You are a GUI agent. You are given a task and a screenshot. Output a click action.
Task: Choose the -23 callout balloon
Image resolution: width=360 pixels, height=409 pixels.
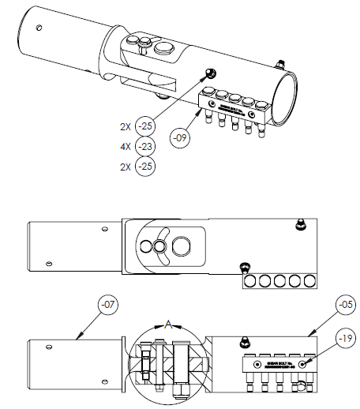[144, 146]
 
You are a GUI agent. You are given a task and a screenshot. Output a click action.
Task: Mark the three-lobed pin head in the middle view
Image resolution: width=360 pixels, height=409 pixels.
[159, 248]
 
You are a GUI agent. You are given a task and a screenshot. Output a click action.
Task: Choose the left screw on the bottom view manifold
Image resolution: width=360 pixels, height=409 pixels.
[257, 363]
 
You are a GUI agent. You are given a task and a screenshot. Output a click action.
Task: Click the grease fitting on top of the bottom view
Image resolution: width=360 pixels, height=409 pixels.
[246, 340]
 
